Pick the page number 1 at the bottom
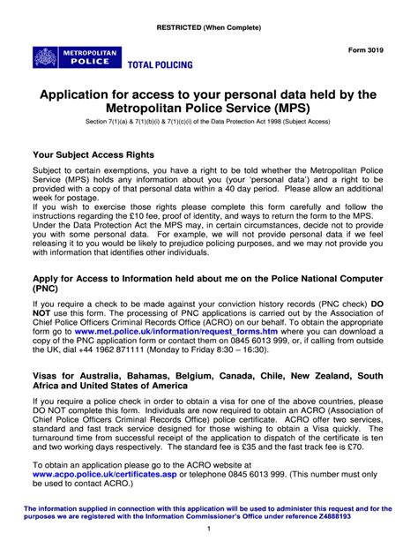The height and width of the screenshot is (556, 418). pyautogui.click(x=209, y=530)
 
